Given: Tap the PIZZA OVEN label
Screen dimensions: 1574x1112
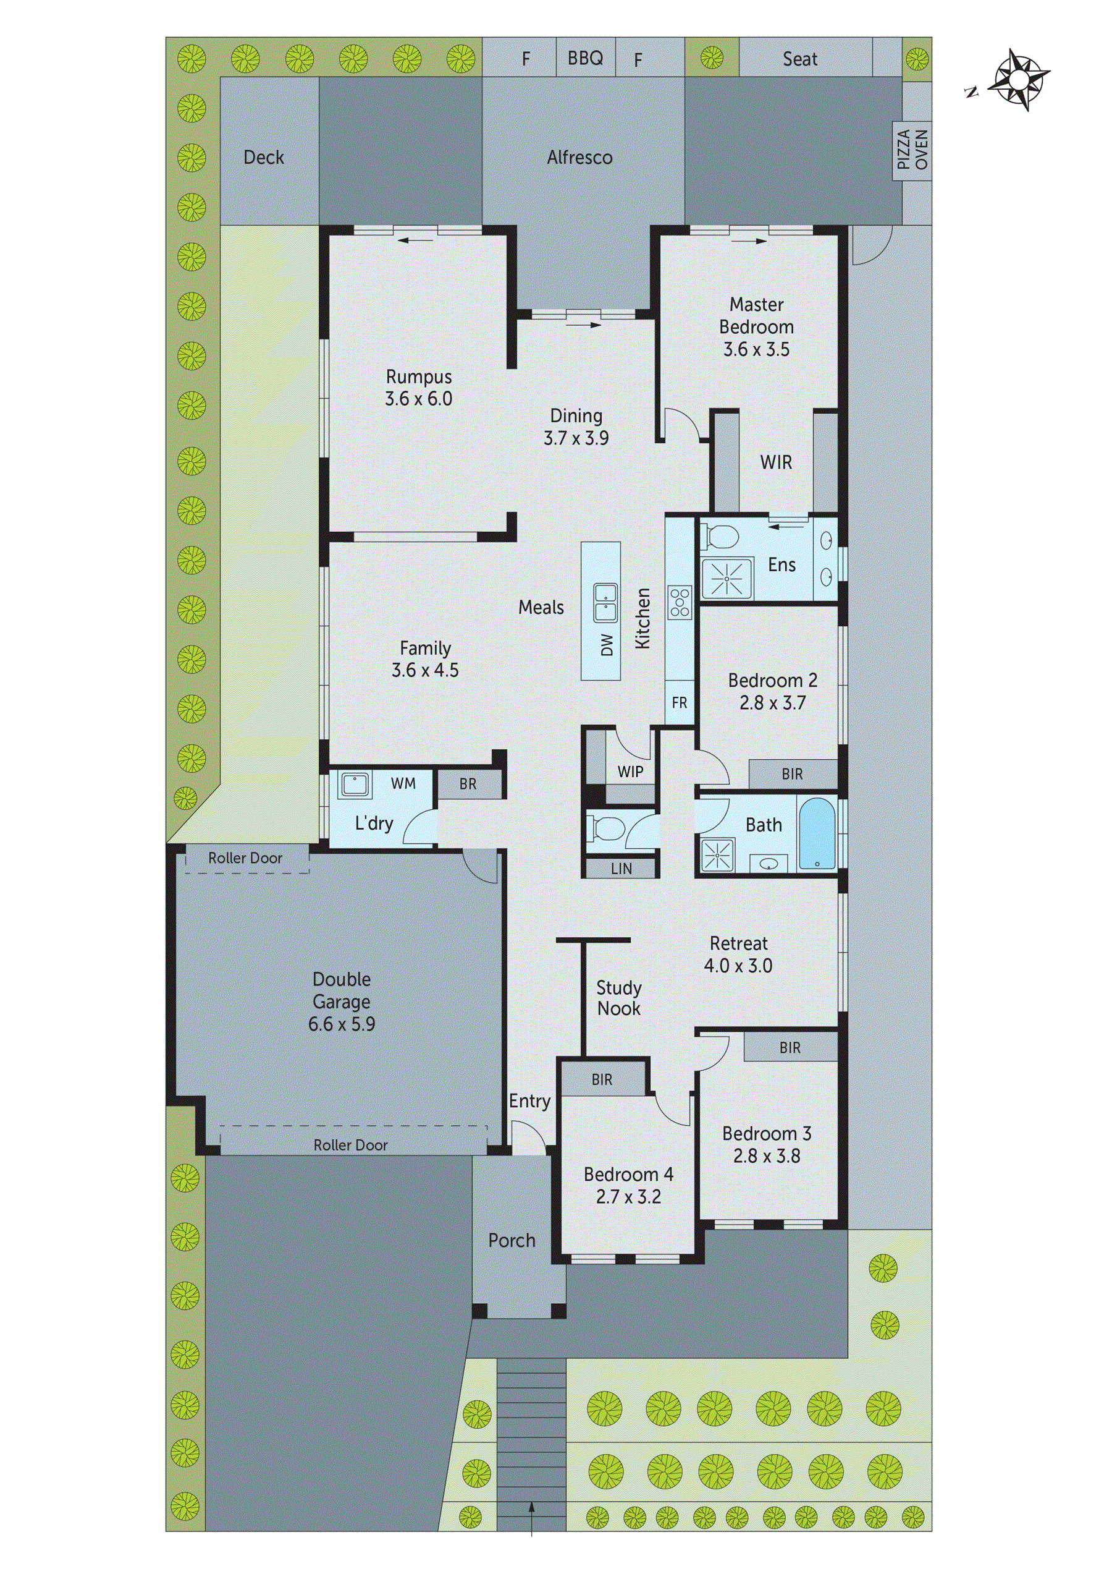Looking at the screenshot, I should (912, 150).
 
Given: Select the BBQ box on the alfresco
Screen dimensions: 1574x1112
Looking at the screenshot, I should (585, 58).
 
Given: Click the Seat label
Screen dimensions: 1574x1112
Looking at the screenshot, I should (799, 59).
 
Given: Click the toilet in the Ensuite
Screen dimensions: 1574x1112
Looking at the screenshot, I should (718, 536).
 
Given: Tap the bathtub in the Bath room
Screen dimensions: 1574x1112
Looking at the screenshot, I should (817, 833).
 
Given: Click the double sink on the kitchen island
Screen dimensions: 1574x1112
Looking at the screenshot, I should (605, 602).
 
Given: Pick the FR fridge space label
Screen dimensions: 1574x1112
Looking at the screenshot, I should (679, 703).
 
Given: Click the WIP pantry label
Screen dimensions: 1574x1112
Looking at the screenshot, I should (630, 772).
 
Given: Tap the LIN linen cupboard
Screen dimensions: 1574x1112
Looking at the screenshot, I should (621, 869).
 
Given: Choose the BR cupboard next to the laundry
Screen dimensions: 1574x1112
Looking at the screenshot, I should (468, 783).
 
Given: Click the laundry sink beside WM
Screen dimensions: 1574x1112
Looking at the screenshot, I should (355, 785).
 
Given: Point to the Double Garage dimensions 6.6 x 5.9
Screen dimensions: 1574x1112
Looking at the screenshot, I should (341, 1024).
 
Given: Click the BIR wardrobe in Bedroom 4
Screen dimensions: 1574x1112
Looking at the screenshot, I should (602, 1079).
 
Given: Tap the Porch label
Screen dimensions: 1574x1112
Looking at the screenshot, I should (512, 1240).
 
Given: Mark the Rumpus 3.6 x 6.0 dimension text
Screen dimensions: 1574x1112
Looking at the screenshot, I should (419, 399).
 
